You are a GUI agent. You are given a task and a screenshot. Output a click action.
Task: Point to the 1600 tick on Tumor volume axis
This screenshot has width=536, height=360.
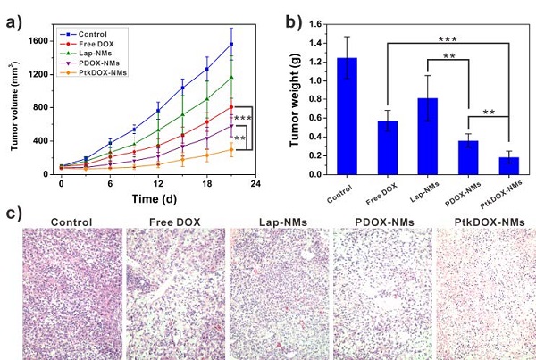tap(40, 40)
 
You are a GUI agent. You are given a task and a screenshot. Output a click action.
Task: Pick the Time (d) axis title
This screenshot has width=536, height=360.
tap(157, 197)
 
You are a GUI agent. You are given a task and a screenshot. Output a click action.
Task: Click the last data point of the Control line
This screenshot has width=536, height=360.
tap(231, 43)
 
